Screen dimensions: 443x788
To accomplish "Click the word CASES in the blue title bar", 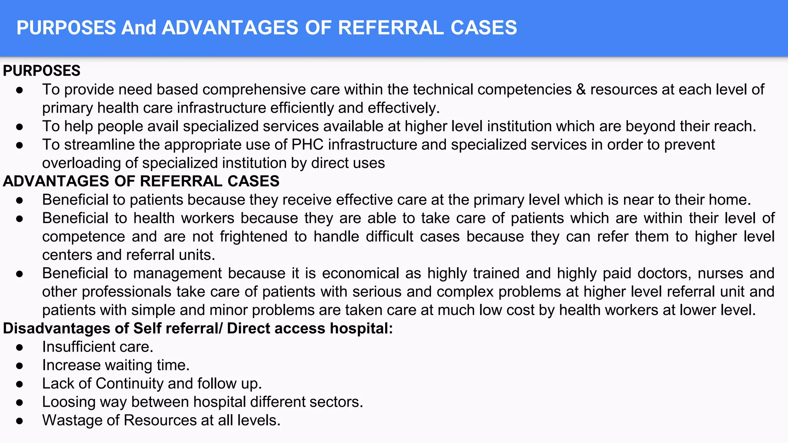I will (484, 28).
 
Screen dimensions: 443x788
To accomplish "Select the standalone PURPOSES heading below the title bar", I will (42, 71).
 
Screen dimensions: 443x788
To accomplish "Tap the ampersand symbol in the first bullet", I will (581, 90).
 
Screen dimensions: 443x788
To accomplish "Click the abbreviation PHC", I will (307, 145).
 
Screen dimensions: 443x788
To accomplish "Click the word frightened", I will (254, 236).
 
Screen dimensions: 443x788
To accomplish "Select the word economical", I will (361, 273).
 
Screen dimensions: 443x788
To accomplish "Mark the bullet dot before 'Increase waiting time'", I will (20, 365).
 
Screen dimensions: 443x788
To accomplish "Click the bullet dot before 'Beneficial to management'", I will (20, 273).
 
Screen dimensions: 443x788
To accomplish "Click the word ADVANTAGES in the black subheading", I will (56, 181).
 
